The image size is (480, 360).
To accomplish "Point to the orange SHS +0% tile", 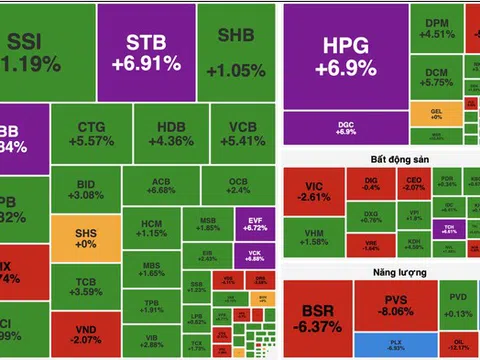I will [87, 239].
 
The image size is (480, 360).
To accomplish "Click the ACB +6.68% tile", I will [160, 184].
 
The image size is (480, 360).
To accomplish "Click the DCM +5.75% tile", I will [434, 80].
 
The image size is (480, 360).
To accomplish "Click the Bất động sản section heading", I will [377, 159].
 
